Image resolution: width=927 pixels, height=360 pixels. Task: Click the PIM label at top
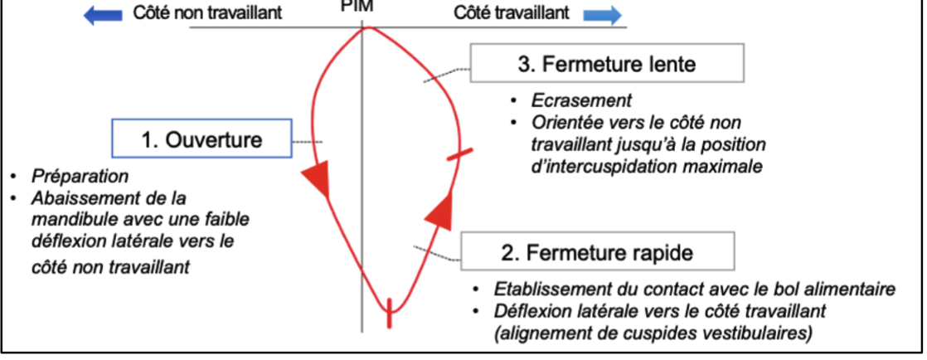(363, 4)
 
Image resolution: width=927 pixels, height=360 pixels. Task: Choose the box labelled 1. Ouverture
(201, 139)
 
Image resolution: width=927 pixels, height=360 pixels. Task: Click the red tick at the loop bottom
(387, 314)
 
